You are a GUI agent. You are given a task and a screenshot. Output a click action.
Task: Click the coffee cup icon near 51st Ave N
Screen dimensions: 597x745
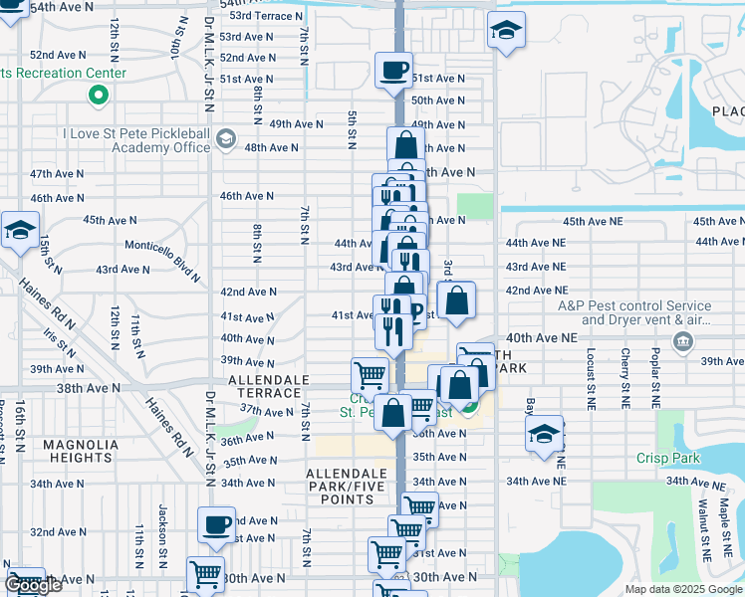[x=394, y=70]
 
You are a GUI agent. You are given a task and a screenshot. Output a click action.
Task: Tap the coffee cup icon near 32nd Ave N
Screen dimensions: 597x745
[x=216, y=523]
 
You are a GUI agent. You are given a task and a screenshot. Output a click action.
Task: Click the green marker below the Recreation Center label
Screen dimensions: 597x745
[x=98, y=97]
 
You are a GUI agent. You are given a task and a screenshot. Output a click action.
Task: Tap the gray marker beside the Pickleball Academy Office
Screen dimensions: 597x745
[x=226, y=138]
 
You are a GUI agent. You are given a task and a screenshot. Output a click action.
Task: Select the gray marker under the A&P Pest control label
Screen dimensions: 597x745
[x=683, y=343]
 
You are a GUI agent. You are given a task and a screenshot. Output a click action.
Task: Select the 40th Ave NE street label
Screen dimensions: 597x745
[x=542, y=338]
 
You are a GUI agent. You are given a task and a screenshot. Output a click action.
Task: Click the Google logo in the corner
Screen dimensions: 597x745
[x=33, y=585]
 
